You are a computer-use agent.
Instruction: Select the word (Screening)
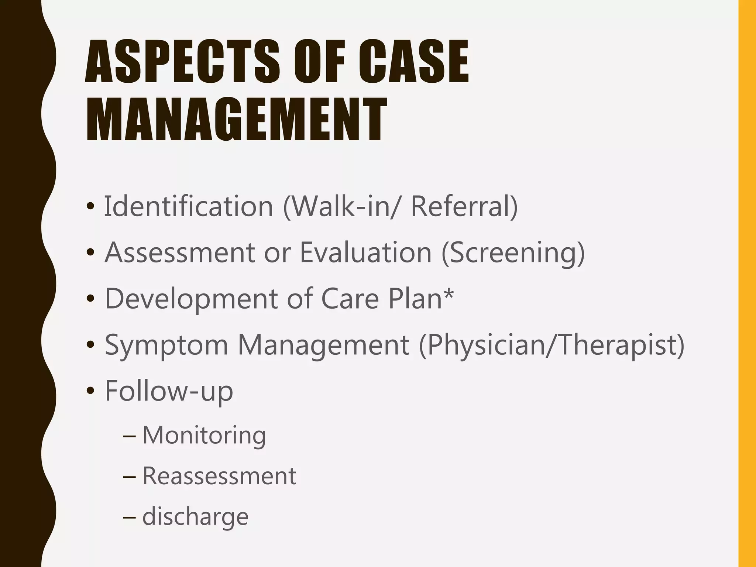[x=513, y=253]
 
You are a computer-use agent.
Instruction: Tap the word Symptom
[x=166, y=345]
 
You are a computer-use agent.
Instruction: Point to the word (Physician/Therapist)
[x=551, y=345]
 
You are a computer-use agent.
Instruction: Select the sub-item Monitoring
[x=204, y=435]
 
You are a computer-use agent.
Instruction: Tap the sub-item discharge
[x=195, y=516]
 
